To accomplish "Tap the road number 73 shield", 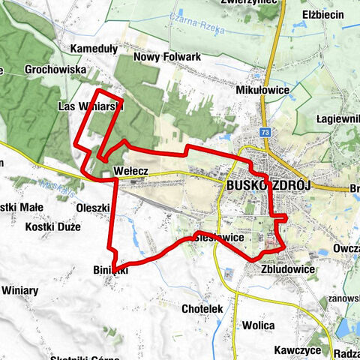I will [266, 132].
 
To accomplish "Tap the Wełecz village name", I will [130, 172].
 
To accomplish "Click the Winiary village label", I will [25, 289].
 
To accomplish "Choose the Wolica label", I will [258, 325].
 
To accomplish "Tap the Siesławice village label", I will [217, 237].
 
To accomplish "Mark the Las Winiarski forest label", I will [90, 106].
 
